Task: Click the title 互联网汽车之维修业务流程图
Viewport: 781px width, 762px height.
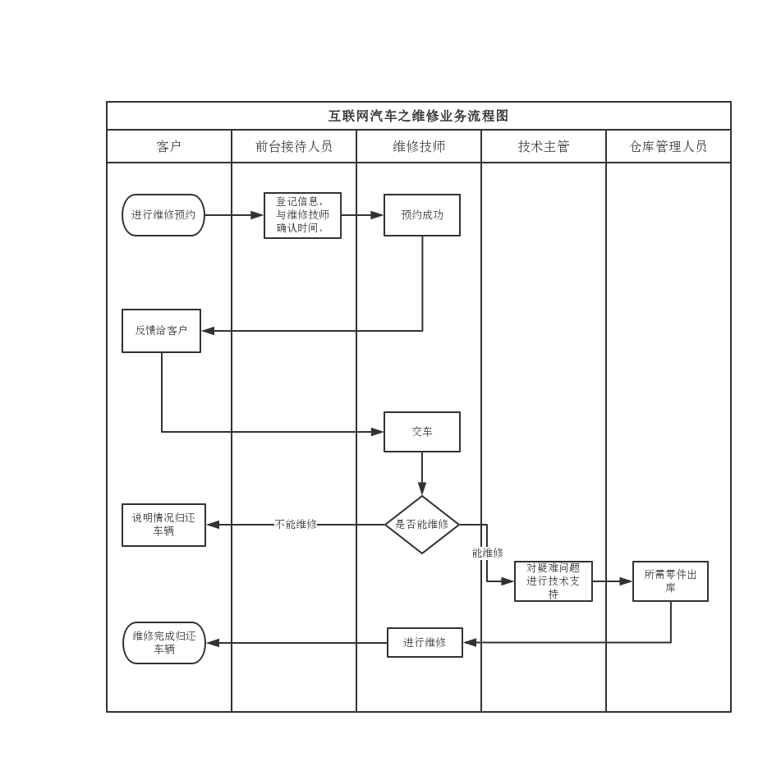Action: (x=418, y=116)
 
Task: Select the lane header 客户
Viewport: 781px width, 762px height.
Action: (x=168, y=146)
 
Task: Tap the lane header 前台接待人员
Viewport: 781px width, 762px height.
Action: (x=293, y=146)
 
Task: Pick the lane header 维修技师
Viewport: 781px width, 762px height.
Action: (x=418, y=146)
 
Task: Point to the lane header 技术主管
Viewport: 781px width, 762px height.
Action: (x=543, y=146)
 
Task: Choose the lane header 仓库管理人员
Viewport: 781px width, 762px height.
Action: (x=668, y=146)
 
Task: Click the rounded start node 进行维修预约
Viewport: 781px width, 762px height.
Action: (x=163, y=215)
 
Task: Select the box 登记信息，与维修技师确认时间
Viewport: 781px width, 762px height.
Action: (x=302, y=215)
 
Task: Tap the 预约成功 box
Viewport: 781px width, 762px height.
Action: (x=422, y=215)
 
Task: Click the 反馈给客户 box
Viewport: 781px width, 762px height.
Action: (x=161, y=331)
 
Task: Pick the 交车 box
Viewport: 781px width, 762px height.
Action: (x=422, y=432)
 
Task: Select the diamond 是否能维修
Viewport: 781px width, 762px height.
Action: (x=422, y=525)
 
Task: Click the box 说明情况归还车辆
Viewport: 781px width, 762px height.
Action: (x=163, y=525)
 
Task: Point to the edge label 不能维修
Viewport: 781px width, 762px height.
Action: (x=296, y=525)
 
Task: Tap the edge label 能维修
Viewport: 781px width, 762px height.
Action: (x=488, y=553)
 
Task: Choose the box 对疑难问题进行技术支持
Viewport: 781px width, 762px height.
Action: (x=553, y=581)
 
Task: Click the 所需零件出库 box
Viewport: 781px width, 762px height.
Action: (x=670, y=581)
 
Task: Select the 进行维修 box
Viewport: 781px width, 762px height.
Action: (x=425, y=643)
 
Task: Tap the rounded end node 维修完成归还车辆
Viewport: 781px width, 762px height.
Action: (x=164, y=643)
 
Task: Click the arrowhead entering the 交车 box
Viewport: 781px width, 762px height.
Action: (x=378, y=432)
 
